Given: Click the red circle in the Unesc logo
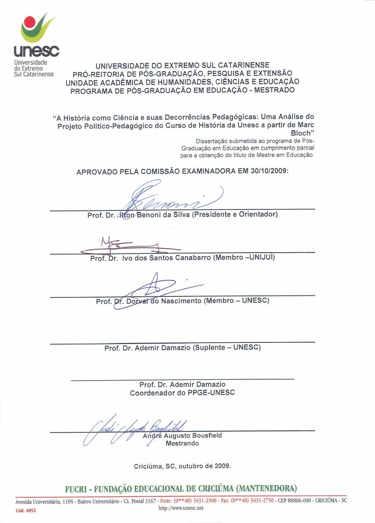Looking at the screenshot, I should (30, 22).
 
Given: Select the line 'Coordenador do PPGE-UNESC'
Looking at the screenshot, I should (182, 392).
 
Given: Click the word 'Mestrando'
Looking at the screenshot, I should (182, 443).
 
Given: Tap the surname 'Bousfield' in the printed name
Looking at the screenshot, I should (206, 435).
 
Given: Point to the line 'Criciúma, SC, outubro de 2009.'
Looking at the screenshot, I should (182, 466).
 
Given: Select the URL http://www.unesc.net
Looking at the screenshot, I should (181, 508).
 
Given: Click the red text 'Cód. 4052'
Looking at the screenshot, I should (26, 510).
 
